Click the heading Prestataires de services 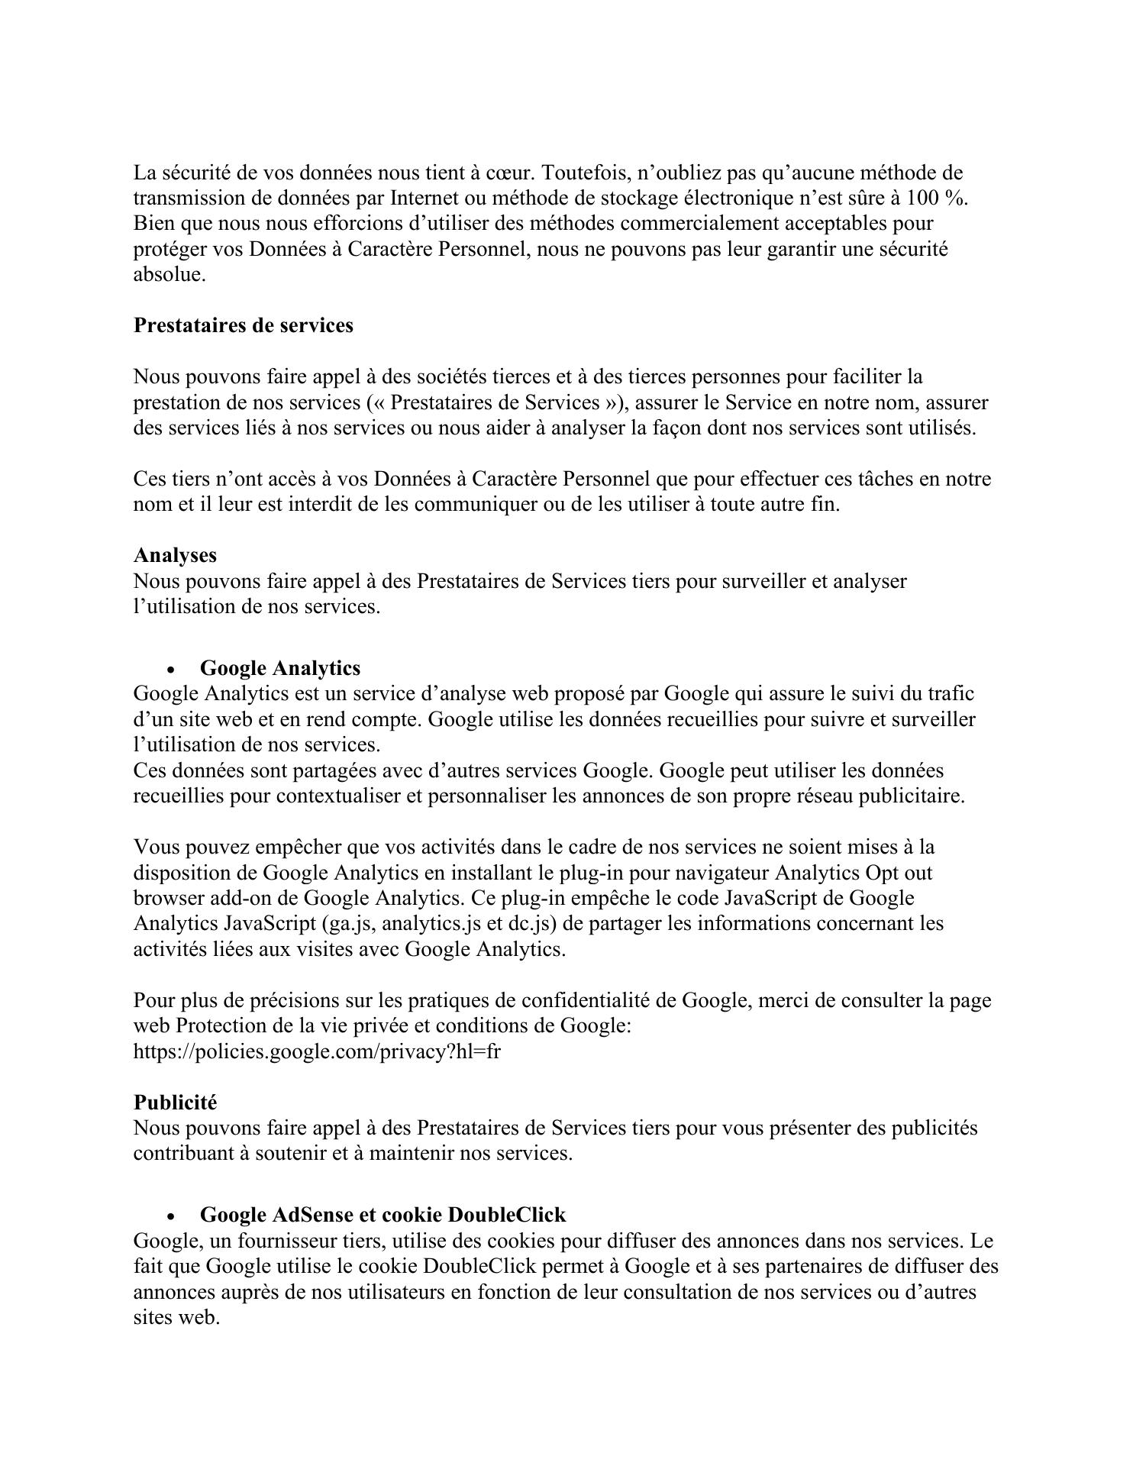pos(243,325)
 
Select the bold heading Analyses pos(175,555)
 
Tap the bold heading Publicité pos(175,1103)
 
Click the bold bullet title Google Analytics pos(279,668)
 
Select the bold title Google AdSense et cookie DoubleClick pos(383,1215)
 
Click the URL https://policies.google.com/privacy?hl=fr pos(317,1051)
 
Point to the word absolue pos(169,275)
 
